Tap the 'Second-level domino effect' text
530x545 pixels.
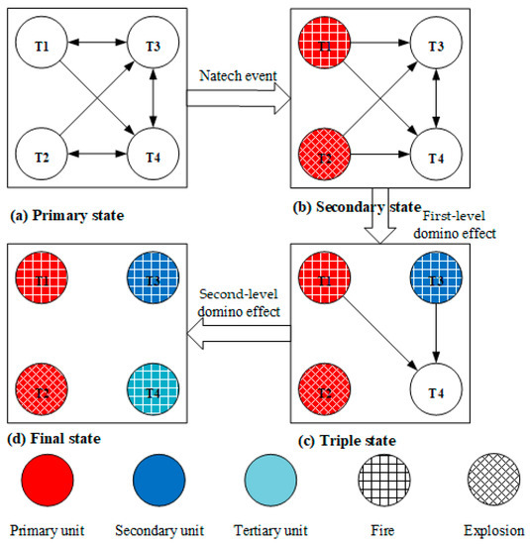[239, 301]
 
